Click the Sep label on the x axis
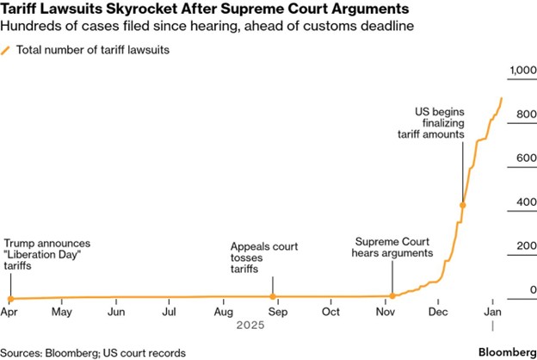tap(276, 311)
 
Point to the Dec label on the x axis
tap(439, 311)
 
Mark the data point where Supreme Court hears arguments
tap(392, 295)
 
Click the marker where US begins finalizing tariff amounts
tap(463, 205)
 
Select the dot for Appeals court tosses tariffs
tap(273, 297)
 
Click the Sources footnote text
tap(88, 352)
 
